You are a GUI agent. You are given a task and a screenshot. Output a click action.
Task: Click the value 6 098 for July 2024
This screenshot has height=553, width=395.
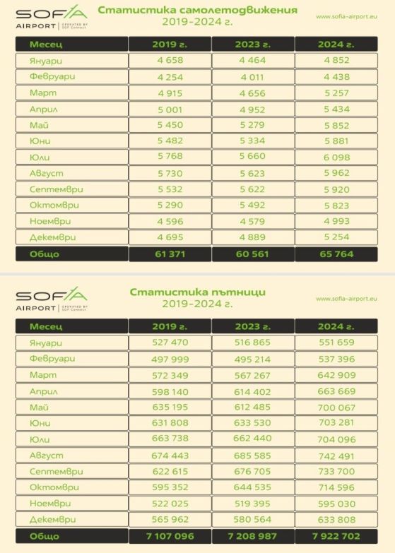336,157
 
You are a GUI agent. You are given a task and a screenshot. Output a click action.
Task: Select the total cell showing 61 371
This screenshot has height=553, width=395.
170,254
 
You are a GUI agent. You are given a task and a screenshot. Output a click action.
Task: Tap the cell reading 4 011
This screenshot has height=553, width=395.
252,77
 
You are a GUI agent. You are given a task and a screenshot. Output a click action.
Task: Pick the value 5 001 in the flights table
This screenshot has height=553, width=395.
170,109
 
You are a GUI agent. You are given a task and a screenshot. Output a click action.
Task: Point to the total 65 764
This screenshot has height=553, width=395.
336,254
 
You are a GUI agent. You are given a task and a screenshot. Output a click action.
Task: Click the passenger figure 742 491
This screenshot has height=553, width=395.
336,456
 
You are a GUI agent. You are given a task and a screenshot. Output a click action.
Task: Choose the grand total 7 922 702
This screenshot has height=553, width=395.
336,536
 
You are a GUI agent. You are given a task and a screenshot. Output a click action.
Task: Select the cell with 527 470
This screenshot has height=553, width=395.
170,342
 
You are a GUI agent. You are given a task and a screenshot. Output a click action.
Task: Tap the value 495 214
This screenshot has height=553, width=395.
252,359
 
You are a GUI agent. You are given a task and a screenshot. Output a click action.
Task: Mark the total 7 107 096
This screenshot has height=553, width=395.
170,536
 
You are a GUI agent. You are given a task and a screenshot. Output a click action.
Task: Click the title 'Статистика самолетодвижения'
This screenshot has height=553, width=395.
197,10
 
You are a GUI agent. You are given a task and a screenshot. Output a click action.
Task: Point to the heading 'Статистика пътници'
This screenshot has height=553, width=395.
197,292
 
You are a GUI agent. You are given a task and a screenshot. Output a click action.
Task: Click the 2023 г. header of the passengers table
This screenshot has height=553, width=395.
253,326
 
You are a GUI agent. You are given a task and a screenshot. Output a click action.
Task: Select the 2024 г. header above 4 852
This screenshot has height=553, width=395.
336,44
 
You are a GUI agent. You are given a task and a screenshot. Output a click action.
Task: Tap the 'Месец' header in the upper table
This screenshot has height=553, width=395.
46,44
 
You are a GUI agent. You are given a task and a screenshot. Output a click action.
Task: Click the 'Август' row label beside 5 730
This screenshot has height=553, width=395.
46,173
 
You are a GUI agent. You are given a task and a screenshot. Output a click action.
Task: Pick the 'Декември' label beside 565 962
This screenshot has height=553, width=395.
52,520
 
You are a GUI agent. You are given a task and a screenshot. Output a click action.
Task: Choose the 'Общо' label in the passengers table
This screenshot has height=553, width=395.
45,536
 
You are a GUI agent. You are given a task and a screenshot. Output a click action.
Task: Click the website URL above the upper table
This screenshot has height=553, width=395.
346,16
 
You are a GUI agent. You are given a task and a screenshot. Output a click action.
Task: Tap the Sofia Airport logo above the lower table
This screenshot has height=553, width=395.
52,299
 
